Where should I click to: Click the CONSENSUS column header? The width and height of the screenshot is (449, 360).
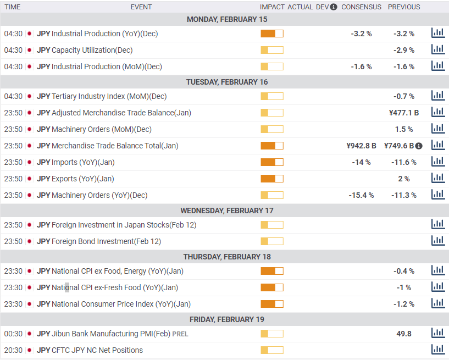(362, 7)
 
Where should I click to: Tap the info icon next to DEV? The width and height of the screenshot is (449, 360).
(334, 7)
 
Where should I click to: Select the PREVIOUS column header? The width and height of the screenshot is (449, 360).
(404, 7)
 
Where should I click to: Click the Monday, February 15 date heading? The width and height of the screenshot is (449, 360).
(227, 19)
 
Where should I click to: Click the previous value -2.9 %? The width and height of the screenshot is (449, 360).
(404, 50)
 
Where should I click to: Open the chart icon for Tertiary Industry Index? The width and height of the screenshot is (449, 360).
(438, 96)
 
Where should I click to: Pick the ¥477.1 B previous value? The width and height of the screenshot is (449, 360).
(404, 113)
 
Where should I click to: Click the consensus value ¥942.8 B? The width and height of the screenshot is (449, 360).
(362, 146)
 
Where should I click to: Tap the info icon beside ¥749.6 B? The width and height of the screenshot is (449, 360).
(419, 146)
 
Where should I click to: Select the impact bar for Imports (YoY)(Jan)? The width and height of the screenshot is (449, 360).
(272, 162)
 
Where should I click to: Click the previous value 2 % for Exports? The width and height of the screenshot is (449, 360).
(404, 179)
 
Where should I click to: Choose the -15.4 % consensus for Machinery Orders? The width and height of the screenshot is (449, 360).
(362, 195)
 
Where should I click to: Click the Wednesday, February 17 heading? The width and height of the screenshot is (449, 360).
(227, 211)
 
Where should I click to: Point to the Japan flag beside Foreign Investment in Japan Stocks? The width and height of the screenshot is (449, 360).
(29, 225)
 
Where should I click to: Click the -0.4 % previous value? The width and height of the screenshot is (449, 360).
(404, 271)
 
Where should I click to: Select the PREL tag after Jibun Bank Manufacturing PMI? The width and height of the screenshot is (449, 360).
(180, 334)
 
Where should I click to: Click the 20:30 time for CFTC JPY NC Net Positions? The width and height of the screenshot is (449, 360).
(13, 350)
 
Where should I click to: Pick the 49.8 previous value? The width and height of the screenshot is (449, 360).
(404, 334)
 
